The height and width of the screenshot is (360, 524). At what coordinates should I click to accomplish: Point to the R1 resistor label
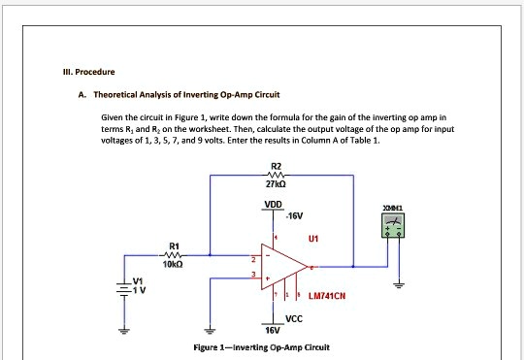(174, 244)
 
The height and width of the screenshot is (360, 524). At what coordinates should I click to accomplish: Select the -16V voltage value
(295, 216)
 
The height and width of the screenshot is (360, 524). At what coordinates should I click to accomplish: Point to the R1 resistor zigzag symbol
(175, 254)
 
